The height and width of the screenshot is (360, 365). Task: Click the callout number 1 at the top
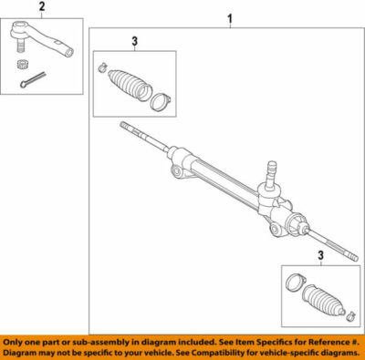click(x=229, y=18)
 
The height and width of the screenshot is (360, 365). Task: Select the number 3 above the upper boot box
click(x=134, y=41)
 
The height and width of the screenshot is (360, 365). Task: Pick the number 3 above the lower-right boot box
click(x=319, y=256)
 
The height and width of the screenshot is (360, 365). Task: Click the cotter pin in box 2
click(x=32, y=80)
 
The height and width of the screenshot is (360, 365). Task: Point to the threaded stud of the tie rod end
click(x=20, y=46)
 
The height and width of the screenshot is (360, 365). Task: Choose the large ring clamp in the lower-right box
click(x=293, y=283)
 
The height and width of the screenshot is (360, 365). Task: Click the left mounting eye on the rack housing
click(x=174, y=171)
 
